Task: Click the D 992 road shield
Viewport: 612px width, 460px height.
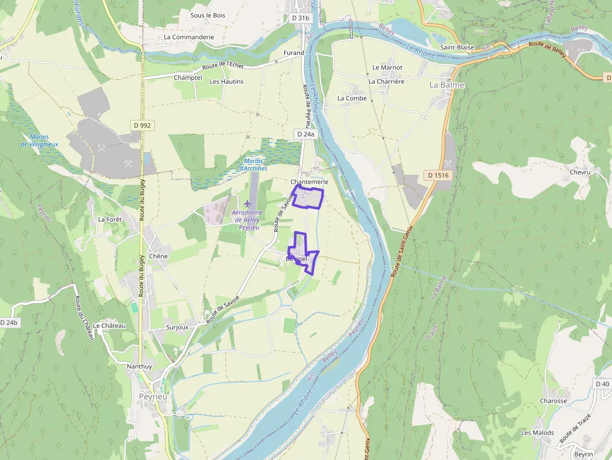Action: pos(142,125)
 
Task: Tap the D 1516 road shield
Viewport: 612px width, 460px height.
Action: pos(438,175)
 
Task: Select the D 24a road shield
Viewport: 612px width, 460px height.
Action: pos(305,134)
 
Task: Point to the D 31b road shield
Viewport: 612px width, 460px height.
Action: pos(300,18)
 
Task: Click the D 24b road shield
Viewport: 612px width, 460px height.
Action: pos(9,322)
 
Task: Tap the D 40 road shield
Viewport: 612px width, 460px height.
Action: pos(602,384)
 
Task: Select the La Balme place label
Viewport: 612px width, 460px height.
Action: pos(447,85)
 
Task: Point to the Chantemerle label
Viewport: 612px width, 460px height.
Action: pos(310,182)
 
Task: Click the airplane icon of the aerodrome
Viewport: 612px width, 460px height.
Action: pos(249,203)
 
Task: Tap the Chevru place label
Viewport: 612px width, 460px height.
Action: pos(580,172)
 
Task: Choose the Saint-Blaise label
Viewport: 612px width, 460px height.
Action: pos(457,47)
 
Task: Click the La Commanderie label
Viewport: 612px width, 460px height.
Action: pos(189,37)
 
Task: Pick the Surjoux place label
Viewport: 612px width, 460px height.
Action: pos(177,327)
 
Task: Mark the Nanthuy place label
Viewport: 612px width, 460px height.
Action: pos(139,366)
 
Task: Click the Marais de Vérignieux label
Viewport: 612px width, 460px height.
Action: pos(39,140)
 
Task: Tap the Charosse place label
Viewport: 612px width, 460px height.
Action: pos(553,401)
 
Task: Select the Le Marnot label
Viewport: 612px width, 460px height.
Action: pos(387,67)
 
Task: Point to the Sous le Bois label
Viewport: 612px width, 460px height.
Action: pos(208,15)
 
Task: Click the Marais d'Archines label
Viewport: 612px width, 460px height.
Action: pos(254,165)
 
